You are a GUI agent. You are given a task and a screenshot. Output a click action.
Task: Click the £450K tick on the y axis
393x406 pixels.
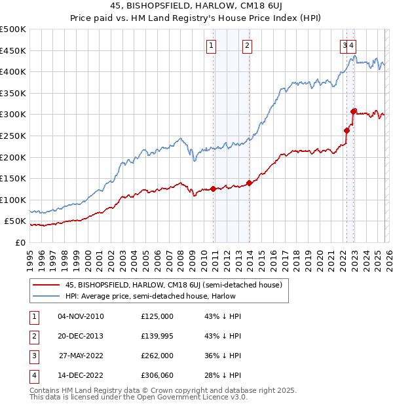click(13, 50)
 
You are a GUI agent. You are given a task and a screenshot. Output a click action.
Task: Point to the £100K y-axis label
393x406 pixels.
click(13, 200)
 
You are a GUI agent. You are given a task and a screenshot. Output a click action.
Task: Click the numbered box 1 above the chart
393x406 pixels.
click(212, 45)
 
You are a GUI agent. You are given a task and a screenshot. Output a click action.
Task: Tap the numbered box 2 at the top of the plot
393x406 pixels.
click(247, 45)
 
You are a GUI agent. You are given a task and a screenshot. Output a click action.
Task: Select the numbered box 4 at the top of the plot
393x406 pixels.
click(352, 45)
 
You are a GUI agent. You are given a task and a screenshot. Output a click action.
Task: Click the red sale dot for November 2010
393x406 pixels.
click(214, 189)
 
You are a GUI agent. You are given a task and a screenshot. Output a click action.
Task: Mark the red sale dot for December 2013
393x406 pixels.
click(250, 183)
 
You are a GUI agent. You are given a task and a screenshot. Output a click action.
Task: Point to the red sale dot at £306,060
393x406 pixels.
click(354, 111)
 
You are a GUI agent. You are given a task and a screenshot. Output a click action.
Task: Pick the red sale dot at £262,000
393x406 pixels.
click(347, 130)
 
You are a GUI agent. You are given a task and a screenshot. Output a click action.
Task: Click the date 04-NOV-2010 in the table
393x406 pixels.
click(81, 316)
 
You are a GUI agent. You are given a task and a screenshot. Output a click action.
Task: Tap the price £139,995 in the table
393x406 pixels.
click(157, 336)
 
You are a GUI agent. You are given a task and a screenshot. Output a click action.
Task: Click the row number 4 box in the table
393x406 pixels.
click(33, 376)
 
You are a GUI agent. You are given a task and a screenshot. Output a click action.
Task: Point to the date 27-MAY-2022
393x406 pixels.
click(81, 356)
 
